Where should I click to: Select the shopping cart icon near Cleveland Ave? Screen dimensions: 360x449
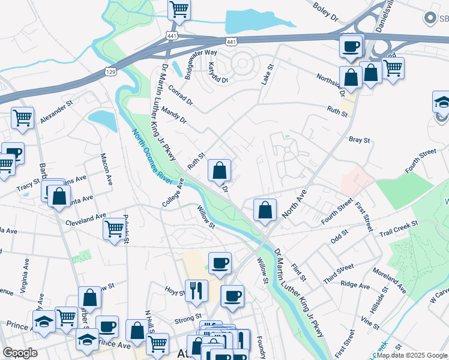(113, 229)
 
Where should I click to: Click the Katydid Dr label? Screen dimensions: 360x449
(217, 72)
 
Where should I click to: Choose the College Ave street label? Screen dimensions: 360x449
(172, 192)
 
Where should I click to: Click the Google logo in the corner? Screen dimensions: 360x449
(20, 353)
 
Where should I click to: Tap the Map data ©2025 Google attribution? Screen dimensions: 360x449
(411, 355)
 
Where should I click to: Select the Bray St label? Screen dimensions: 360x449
(359, 139)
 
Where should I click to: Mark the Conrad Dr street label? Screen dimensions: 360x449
(181, 93)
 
